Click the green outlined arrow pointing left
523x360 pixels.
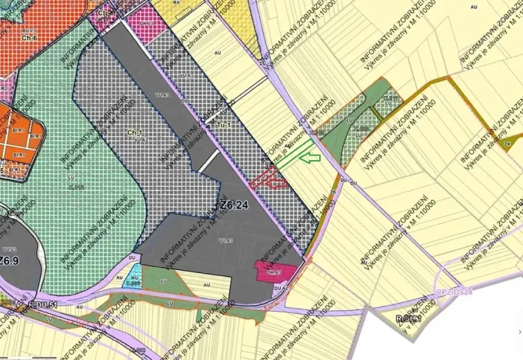(x=310, y=158)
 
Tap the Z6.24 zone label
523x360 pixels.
(x=234, y=205)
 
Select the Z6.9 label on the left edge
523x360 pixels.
(x=8, y=261)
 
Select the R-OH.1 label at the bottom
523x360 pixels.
(x=408, y=318)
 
